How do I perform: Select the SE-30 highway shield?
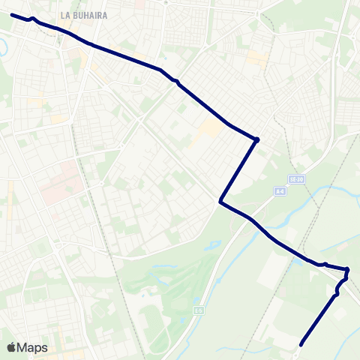[298, 179]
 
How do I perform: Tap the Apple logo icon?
[12, 347]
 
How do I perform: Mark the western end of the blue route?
[12, 14]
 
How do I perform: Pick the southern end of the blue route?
[301, 345]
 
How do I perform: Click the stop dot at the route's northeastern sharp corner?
[256, 139]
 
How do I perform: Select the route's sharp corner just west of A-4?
[220, 201]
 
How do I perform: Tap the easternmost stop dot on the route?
[347, 270]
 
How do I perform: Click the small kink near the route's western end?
[32, 19]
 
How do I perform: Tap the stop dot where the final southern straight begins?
[336, 294]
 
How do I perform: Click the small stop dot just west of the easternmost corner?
[326, 264]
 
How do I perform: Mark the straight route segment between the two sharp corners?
[238, 170]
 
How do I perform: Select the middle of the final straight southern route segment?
[319, 319]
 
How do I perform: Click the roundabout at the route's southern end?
[298, 347]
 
